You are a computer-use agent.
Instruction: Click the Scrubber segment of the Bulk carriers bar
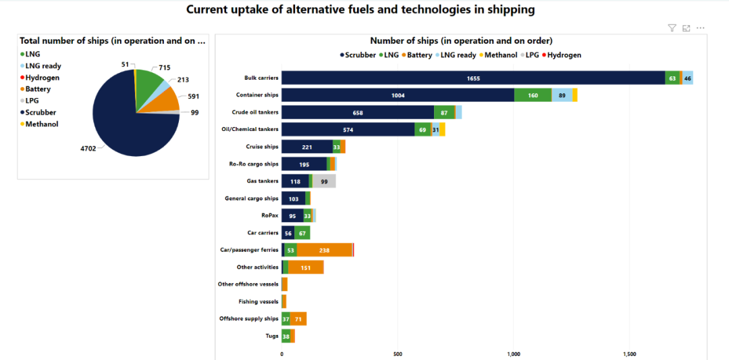pos(473,78)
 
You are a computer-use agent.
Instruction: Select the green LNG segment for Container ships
pos(533,95)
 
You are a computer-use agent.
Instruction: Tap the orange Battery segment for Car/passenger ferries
pos(324,250)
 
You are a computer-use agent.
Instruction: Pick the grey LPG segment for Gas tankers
pos(324,181)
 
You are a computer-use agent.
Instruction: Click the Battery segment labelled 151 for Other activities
pos(305,267)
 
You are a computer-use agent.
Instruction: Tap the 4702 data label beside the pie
pos(88,149)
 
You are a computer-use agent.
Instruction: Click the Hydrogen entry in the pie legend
pos(42,78)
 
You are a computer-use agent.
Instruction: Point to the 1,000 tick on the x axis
pos(513,353)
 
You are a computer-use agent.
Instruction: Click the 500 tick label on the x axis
pos(398,353)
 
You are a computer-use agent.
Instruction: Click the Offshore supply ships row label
pos(249,319)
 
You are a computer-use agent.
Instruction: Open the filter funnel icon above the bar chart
pos(672,28)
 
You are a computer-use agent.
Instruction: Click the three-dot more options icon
pos(701,28)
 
